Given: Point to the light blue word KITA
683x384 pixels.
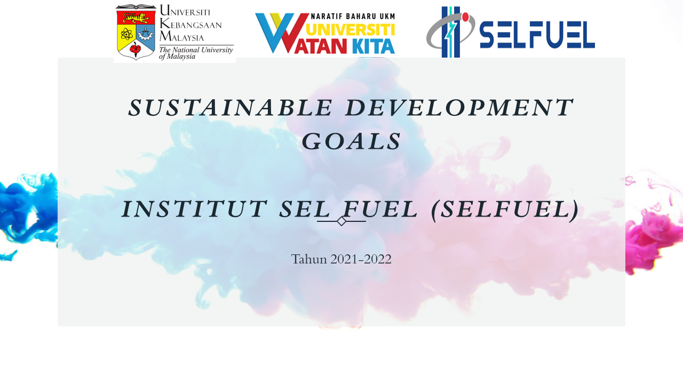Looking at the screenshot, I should coord(373,46).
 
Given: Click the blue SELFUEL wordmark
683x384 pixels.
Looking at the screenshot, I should coord(537,35).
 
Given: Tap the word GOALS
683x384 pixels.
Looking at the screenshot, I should coord(352,142).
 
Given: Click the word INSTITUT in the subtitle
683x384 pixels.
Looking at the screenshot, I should coord(194,209).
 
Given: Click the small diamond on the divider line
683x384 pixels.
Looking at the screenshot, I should coord(341,221).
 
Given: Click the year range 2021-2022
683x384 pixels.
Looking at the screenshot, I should coord(361,259).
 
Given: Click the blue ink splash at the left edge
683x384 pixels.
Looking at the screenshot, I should coord(24,208).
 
